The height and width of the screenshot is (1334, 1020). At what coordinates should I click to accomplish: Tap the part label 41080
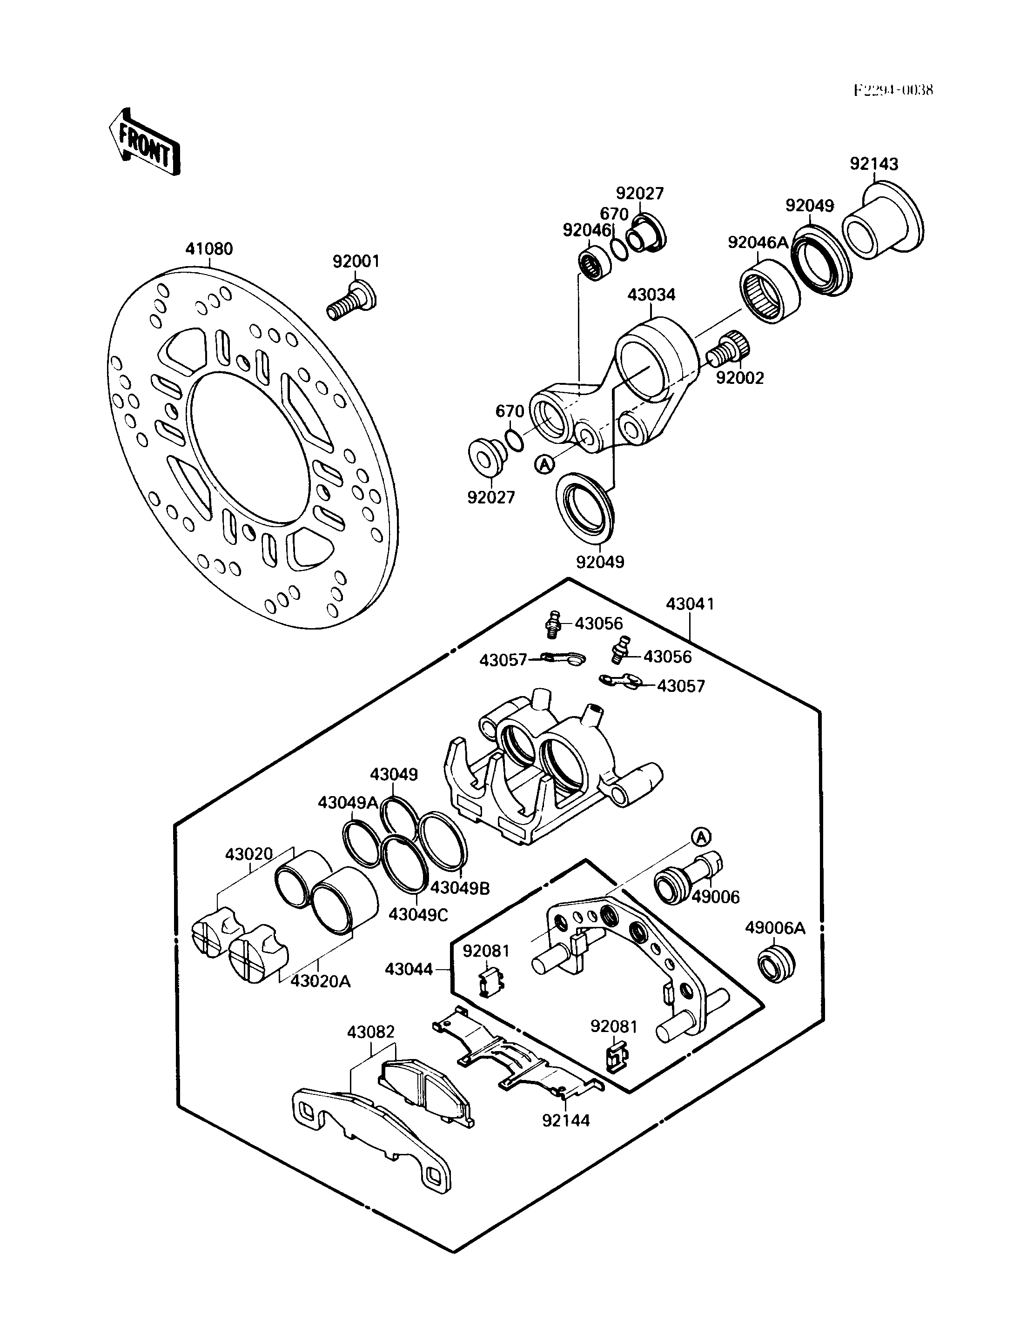coord(209,249)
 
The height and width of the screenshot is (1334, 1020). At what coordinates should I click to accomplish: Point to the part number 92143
coord(874,164)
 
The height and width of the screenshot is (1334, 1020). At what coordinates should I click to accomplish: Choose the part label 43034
coord(651,295)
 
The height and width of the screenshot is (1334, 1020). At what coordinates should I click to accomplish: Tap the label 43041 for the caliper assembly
coord(691,604)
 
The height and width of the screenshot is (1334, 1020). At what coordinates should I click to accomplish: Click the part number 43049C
coord(418,914)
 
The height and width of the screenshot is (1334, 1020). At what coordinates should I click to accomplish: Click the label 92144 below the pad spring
coord(566,1120)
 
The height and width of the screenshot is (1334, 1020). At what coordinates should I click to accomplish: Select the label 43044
coord(409,969)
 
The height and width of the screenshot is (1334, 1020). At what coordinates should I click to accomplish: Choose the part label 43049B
coord(460,888)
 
